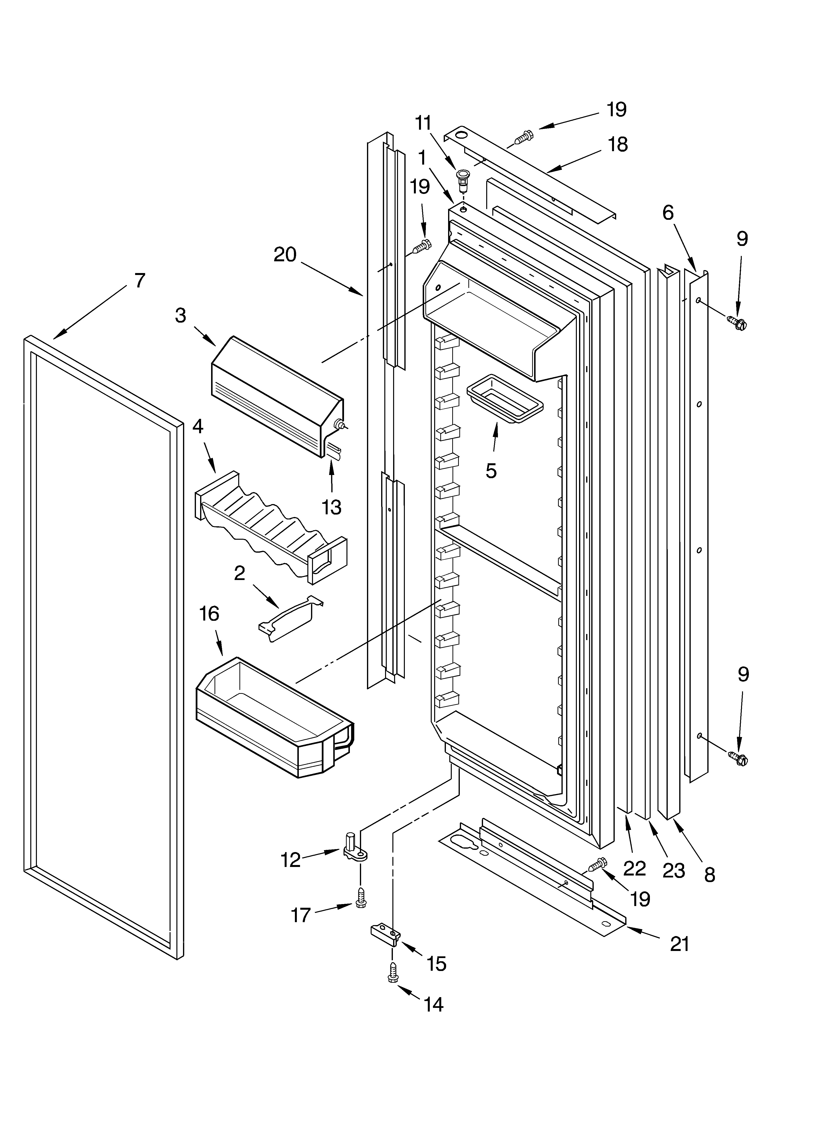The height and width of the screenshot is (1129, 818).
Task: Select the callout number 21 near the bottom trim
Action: coord(679,943)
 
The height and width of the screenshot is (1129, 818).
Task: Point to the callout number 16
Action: coord(209,614)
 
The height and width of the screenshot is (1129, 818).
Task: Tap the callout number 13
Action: coord(331,507)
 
